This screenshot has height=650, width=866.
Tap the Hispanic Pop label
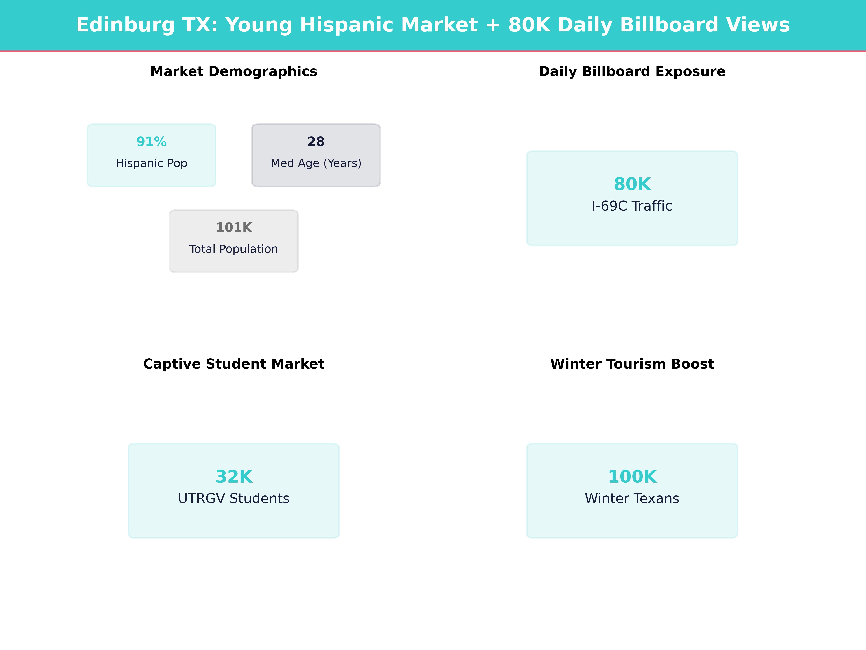pos(152,163)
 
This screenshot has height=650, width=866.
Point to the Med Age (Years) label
pos(316,163)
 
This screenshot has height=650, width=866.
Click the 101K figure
pos(234,227)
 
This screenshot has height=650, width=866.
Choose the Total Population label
pos(234,249)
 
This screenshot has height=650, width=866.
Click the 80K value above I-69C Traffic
pos(632,184)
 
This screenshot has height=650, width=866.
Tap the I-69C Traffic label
pos(632,206)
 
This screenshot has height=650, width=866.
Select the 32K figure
pos(234,476)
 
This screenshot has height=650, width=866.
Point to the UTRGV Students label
pos(234,498)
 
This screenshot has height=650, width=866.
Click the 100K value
pos(632,476)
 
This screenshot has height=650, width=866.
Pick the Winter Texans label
pos(632,498)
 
